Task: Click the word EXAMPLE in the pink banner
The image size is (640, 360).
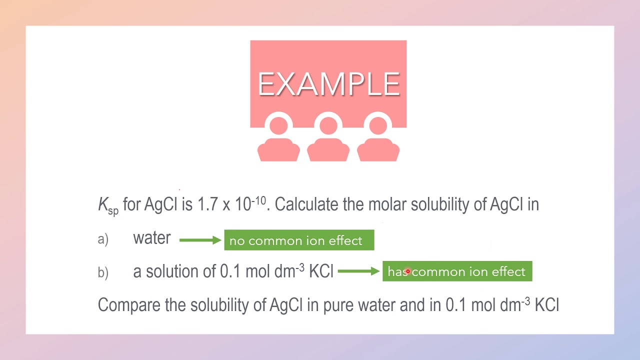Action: [x=328, y=84]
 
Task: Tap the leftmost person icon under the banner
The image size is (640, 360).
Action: [x=278, y=140]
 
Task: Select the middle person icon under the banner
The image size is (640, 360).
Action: [x=328, y=140]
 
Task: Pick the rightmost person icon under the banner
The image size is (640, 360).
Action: [x=378, y=140]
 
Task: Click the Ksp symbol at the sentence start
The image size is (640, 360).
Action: [x=107, y=205]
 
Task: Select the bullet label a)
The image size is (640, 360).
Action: [x=103, y=239]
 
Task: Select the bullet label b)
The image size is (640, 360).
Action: [x=103, y=272]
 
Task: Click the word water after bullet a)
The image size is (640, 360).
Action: [x=151, y=238]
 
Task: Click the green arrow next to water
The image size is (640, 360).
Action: [x=200, y=240]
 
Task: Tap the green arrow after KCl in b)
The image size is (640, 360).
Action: [x=358, y=271]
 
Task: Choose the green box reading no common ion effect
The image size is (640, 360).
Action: [x=299, y=240]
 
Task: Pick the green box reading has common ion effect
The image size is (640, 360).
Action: [x=457, y=271]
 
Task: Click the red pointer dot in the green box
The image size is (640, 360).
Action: [x=408, y=271]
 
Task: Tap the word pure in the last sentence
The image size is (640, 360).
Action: [x=338, y=305]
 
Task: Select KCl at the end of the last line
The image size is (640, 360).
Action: [x=546, y=305]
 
